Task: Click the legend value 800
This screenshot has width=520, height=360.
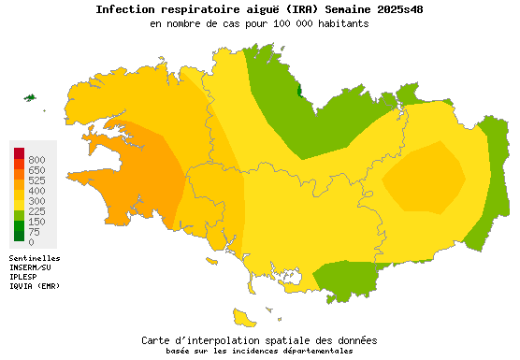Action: point(37,160)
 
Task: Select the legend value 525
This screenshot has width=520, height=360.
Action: point(37,180)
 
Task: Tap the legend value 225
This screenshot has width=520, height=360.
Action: point(37,211)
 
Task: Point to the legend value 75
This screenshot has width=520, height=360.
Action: point(35,232)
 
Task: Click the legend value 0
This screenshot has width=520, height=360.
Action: point(32,242)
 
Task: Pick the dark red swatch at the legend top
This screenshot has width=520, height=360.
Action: point(19,153)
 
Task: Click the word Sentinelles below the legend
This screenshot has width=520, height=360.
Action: point(35,257)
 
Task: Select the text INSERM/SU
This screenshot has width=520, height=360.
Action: point(32,266)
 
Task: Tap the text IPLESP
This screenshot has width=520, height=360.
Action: point(24,276)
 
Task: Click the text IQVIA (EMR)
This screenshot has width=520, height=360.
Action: point(35,285)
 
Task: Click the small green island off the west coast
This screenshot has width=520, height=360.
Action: point(30,97)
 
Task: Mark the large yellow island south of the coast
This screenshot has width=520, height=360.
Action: point(245,318)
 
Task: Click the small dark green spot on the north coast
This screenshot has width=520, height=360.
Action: point(299,91)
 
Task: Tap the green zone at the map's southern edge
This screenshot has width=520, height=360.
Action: point(348,278)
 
